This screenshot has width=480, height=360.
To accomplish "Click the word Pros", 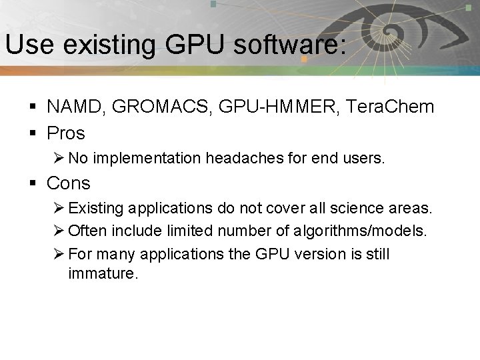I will pos(66,133).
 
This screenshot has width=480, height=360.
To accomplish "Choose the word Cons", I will pos(68,183).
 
